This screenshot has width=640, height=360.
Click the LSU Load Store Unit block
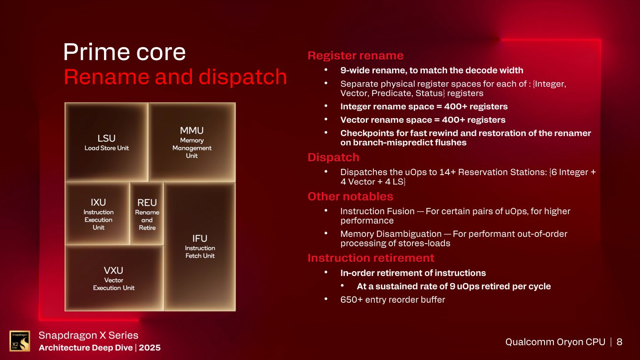pos(107,142)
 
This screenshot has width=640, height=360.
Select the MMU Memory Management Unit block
pos(192,142)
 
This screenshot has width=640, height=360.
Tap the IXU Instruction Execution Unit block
pos(98,214)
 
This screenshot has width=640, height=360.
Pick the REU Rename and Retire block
pos(147,214)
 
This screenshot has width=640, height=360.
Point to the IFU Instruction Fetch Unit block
pos(200,247)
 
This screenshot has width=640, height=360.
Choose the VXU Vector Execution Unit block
pos(114,278)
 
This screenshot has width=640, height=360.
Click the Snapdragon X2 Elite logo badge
pos(20,341)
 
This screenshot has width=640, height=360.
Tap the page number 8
pos(620,342)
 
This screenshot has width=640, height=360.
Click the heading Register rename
pos(356,56)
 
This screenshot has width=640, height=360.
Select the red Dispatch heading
pos(333,157)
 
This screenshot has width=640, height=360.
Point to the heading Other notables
pos(350,196)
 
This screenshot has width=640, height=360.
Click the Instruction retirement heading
pos(371,258)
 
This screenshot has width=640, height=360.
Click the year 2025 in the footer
pos(149,348)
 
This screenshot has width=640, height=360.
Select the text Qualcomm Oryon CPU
pos(555,342)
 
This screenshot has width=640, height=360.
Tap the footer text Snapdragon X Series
pos(88,335)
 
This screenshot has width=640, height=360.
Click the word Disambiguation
pos(409,234)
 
